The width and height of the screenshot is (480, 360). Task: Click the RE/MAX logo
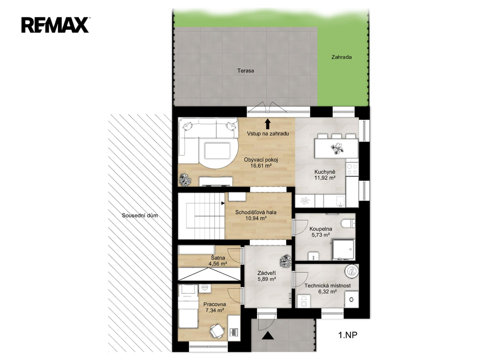point(55,25)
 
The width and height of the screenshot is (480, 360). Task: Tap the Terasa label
point(246,71)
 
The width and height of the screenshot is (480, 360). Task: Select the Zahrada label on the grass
point(341,57)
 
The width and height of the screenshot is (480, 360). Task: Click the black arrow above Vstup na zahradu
point(268,124)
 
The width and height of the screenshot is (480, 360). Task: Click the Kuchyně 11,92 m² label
point(325,175)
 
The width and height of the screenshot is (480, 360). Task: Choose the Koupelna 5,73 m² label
point(321,232)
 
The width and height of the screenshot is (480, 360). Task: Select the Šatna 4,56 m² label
point(217,261)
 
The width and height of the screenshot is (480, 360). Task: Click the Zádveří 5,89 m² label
point(267,276)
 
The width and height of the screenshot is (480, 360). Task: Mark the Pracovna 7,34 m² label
point(215,307)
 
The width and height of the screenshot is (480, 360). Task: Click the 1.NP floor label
point(347,335)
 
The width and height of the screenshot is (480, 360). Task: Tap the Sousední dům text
point(140,216)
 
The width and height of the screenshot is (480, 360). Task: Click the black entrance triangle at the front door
point(268,336)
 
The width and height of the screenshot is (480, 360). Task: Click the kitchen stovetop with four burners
point(352,169)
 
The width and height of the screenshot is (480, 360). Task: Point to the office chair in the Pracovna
point(217,331)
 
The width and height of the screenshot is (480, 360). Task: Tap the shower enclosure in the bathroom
point(344,249)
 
